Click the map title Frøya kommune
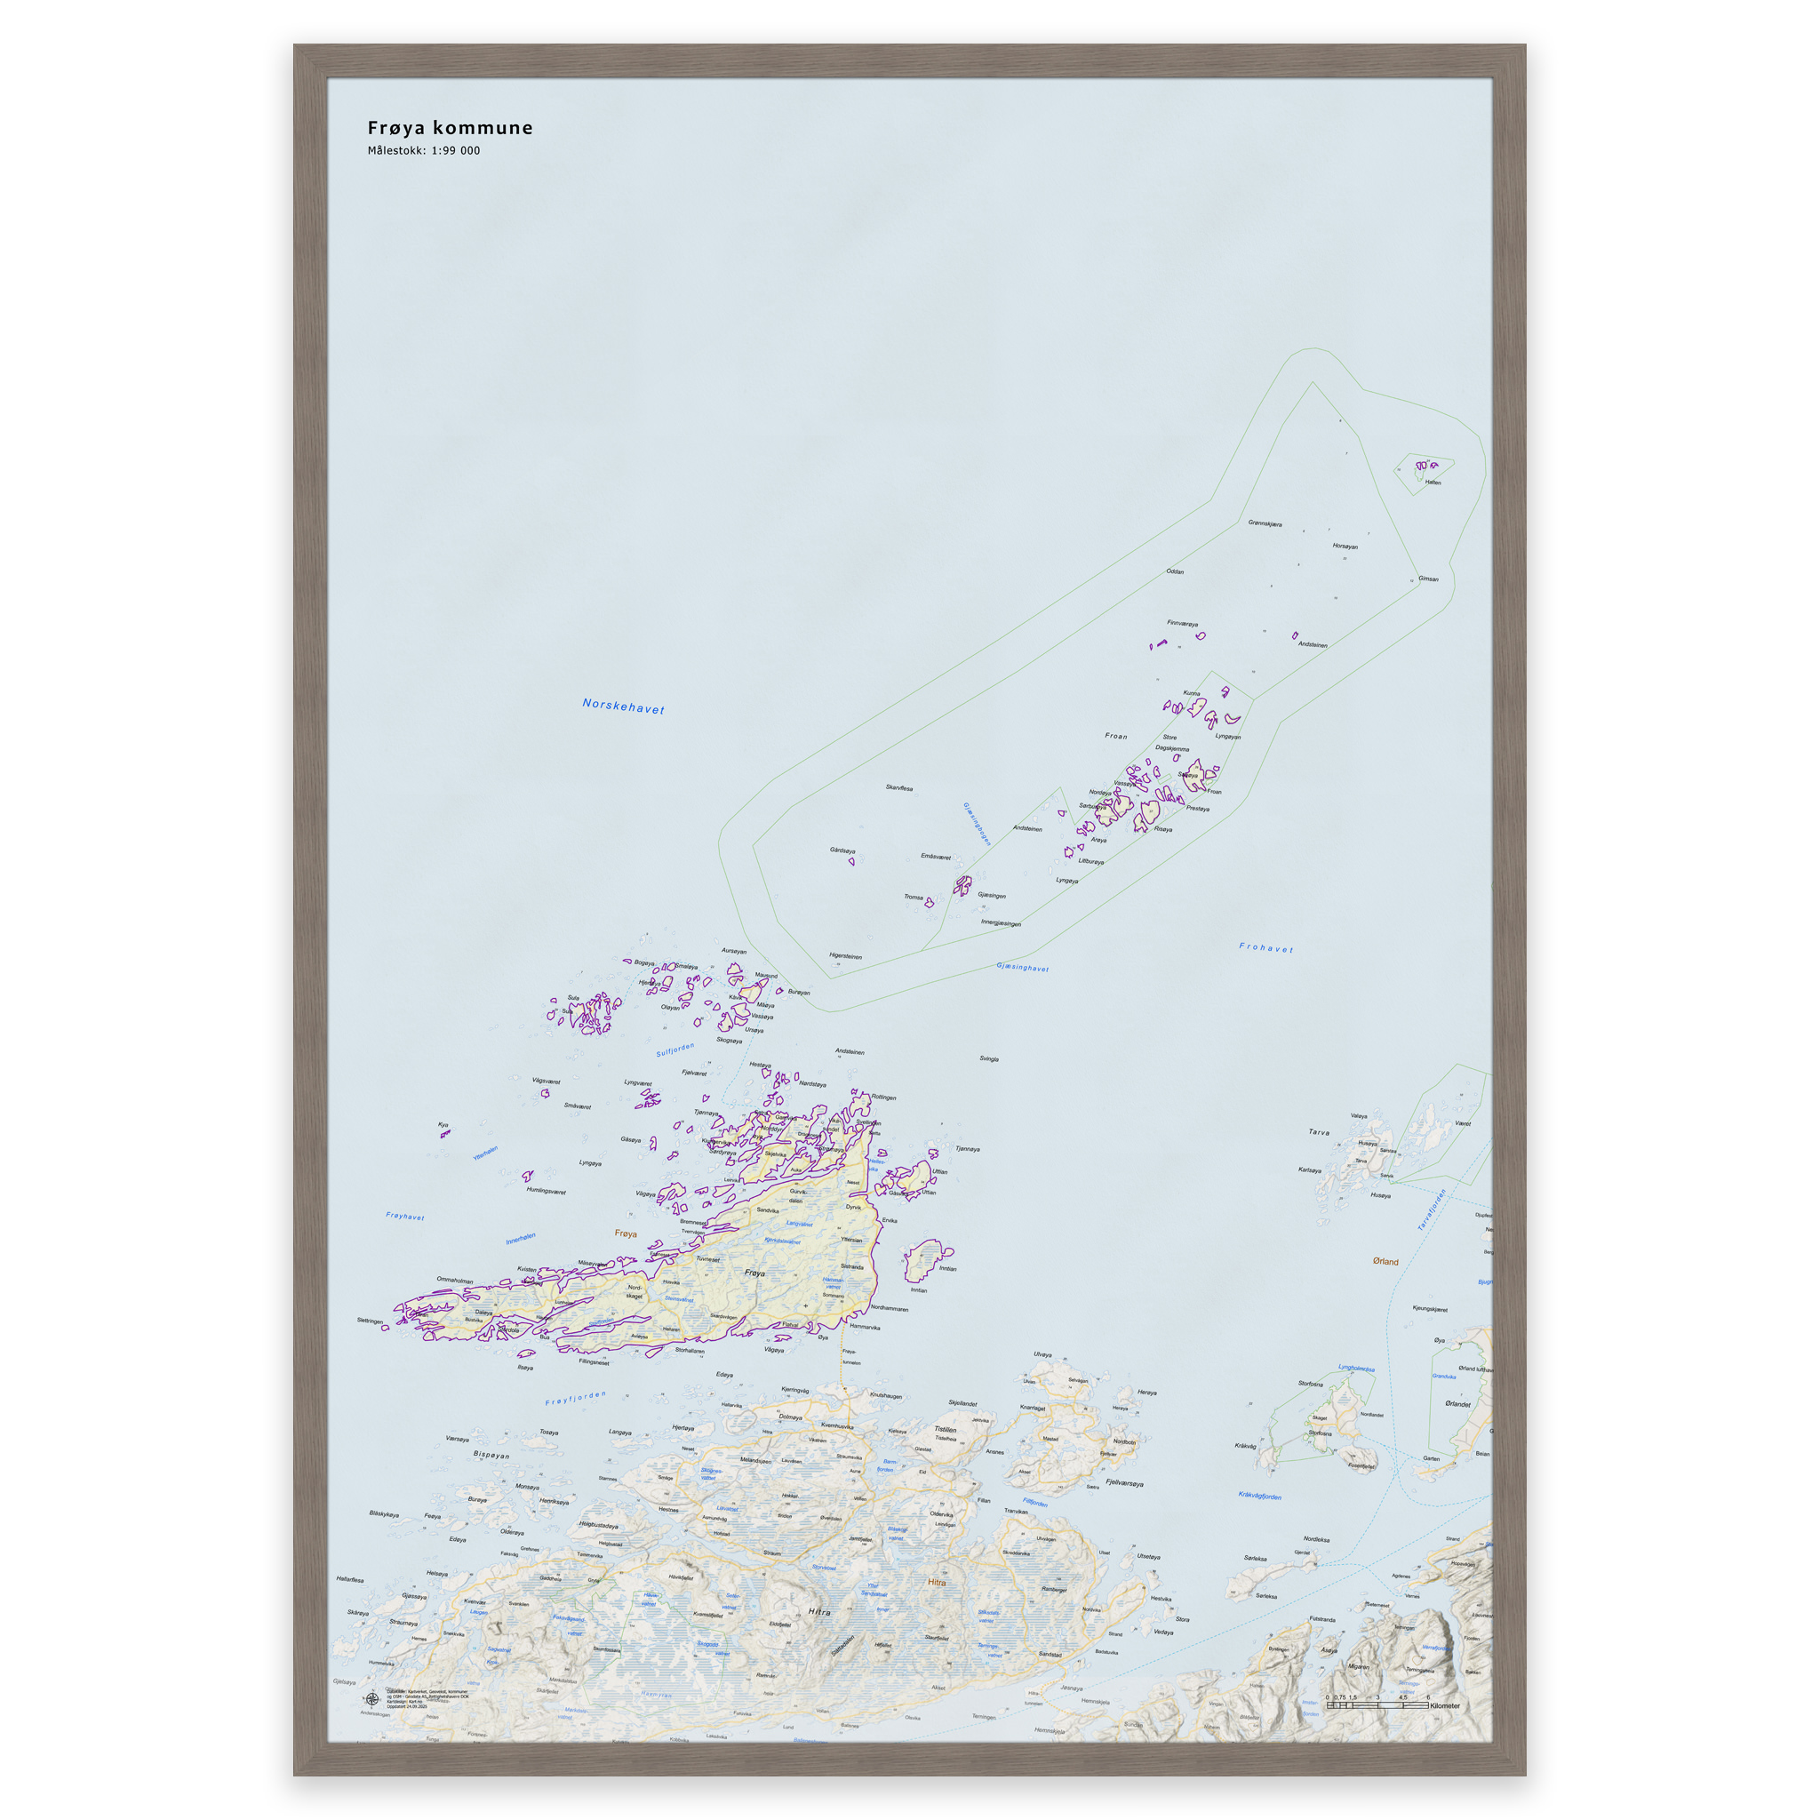[450, 128]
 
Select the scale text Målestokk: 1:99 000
[423, 151]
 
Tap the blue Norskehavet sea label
[623, 706]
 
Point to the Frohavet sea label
[1265, 947]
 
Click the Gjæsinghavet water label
[1022, 967]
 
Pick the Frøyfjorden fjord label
[576, 1398]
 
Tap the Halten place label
[1433, 483]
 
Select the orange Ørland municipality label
[1385, 1261]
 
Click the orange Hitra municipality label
[937, 1582]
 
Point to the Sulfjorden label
[675, 1050]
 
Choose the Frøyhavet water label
[405, 1217]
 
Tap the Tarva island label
[1319, 1131]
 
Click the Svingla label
[989, 1058]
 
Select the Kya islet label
[443, 1124]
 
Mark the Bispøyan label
[491, 1456]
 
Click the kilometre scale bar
[1377, 1705]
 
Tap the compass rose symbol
[372, 1699]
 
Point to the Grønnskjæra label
[1265, 523]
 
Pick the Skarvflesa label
[898, 787]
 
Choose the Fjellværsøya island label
[1125, 1484]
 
